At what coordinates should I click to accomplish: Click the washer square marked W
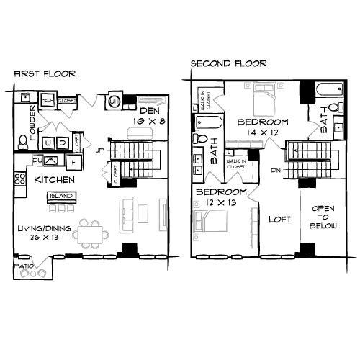pyautogui.click(x=48, y=142)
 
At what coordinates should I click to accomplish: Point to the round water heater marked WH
pyautogui.click(x=114, y=102)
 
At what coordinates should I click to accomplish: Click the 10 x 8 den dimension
pyautogui.click(x=149, y=122)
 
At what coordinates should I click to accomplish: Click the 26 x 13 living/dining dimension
pyautogui.click(x=38, y=239)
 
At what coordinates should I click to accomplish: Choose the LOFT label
pyautogui.click(x=279, y=219)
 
